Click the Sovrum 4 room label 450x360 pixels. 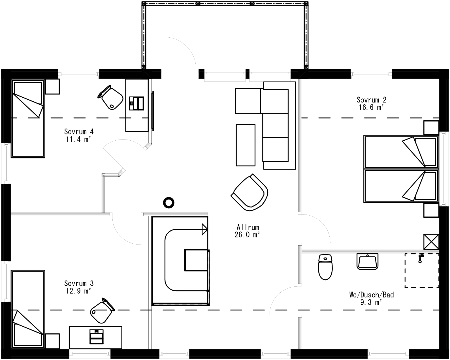(79, 132)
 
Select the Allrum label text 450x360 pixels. (248, 227)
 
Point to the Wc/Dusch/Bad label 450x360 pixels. (371, 295)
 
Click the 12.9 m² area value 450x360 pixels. (79, 291)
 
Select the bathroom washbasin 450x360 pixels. (367, 262)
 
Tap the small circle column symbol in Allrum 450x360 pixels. (169, 203)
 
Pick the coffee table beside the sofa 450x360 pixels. (246, 145)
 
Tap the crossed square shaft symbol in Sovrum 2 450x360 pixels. (431, 241)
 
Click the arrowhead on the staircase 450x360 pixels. (204, 229)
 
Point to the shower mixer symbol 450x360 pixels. (421, 257)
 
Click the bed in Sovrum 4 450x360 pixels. (28, 118)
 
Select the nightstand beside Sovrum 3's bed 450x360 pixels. (53, 341)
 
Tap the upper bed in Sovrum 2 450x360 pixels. (401, 152)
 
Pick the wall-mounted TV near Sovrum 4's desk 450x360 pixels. (153, 111)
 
